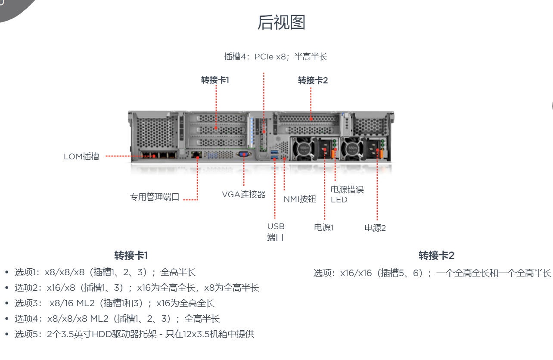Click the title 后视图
pyautogui.click(x=281, y=22)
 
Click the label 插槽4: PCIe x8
pyautogui.click(x=276, y=57)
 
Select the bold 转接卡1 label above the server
pyautogui.click(x=215, y=80)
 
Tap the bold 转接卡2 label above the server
pyautogui.click(x=313, y=81)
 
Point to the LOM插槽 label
pyautogui.click(x=81, y=157)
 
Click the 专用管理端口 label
pyautogui.click(x=155, y=197)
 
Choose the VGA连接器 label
pyautogui.click(x=244, y=194)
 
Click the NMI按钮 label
pyautogui.click(x=300, y=199)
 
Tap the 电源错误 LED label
pyautogui.click(x=347, y=194)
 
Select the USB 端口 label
pyautogui.click(x=276, y=232)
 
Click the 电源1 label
pyautogui.click(x=324, y=227)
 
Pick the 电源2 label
pyautogui.click(x=375, y=228)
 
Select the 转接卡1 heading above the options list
pyautogui.click(x=131, y=255)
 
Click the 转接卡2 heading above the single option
pyautogui.click(x=436, y=255)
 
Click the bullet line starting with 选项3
pyautogui.click(x=115, y=303)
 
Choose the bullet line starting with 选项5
pyautogui.click(x=134, y=334)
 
